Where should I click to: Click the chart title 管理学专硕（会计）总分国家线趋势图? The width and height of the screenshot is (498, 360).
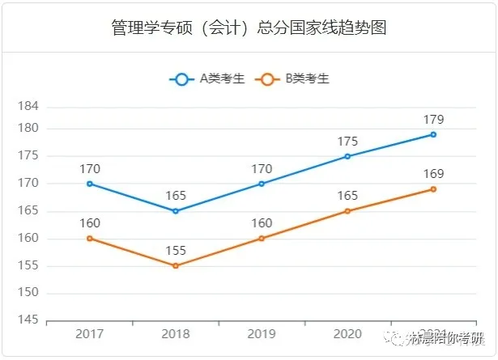(249, 28)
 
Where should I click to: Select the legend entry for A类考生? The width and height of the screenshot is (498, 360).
(206, 78)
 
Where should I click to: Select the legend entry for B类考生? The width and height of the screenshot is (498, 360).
(292, 78)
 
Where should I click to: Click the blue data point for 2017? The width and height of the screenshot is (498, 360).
(90, 184)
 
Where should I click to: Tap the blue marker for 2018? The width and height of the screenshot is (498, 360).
(176, 211)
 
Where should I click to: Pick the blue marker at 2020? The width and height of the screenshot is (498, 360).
(347, 156)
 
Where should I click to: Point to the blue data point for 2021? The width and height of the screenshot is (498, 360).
(433, 134)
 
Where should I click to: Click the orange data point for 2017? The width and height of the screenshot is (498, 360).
(90, 238)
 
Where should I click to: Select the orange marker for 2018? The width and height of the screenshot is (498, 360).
(176, 265)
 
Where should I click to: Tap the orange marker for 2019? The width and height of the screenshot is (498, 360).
(262, 238)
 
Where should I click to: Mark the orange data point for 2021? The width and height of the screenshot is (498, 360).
(433, 189)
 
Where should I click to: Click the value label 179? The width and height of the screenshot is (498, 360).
(433, 120)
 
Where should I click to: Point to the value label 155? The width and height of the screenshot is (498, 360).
(176, 251)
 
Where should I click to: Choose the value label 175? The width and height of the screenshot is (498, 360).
(347, 142)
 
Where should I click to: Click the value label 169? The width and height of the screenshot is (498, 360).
(433, 174)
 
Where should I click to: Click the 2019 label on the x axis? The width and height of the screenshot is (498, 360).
(262, 334)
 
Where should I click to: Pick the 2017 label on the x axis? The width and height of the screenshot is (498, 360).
(90, 334)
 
